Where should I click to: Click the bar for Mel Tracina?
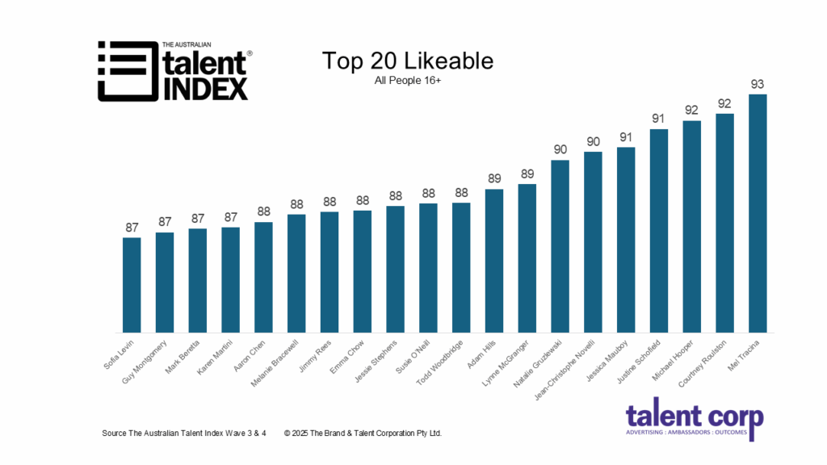758,213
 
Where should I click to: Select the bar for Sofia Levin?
132,284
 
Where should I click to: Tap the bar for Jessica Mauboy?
626,239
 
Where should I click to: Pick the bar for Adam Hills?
494,260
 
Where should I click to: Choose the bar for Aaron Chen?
263,277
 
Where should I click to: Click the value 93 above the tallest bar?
758,84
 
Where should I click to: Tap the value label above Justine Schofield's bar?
659,119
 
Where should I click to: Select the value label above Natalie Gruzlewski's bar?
560,149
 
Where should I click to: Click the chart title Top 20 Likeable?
407,61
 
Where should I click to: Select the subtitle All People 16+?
407,81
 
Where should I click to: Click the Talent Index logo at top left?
174,70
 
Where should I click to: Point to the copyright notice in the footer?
363,434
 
